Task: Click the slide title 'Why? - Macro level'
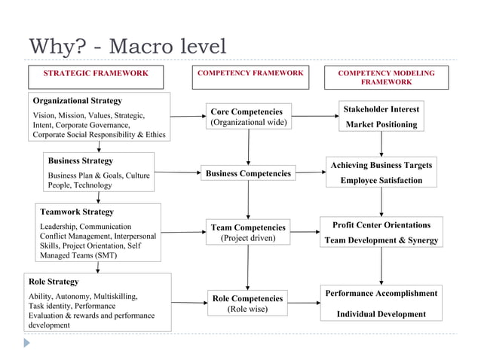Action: coord(127,47)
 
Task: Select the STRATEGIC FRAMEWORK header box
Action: coord(95,74)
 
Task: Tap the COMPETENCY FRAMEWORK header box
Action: coord(250,73)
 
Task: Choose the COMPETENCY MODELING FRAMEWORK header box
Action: coord(387,78)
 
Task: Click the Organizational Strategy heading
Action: coord(77,100)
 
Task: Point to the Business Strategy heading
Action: coord(81,160)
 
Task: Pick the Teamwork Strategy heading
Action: coord(77,212)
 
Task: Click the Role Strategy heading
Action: coord(53,282)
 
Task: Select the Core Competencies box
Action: coord(247,117)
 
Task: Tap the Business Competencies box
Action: coord(248,174)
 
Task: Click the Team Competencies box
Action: coord(248,233)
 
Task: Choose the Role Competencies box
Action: coord(247,304)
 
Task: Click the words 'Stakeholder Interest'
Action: coord(381,109)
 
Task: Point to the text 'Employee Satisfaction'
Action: coord(381,181)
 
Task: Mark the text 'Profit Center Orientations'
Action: coord(381,225)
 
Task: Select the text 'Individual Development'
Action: coord(381,314)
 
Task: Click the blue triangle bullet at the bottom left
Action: coord(27,343)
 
